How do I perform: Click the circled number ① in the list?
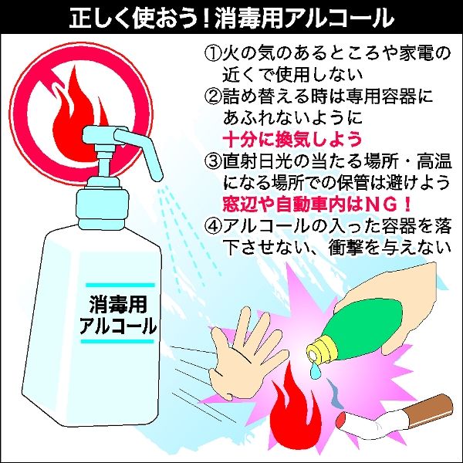[x=213, y=54]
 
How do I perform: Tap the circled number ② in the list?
[x=213, y=96]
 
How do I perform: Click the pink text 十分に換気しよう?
[x=292, y=139]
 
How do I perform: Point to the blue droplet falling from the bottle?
[x=316, y=370]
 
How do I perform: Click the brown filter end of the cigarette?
[x=428, y=409]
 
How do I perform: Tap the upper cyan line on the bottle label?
[x=120, y=286]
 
